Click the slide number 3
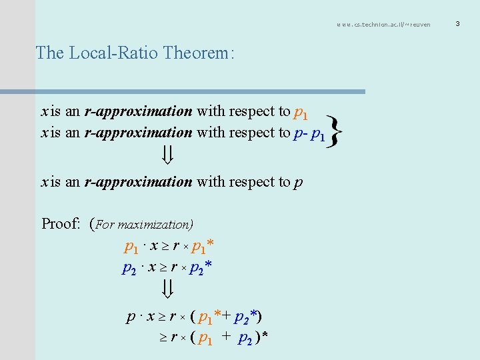[458, 25]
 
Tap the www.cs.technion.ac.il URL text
[383, 25]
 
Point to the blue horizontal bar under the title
[200, 91]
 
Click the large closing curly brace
[337, 130]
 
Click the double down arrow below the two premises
[169, 156]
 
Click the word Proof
[61, 223]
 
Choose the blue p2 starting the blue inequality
[129, 269]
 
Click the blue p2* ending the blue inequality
[201, 269]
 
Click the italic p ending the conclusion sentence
[297, 183]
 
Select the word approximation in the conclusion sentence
[148, 181]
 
